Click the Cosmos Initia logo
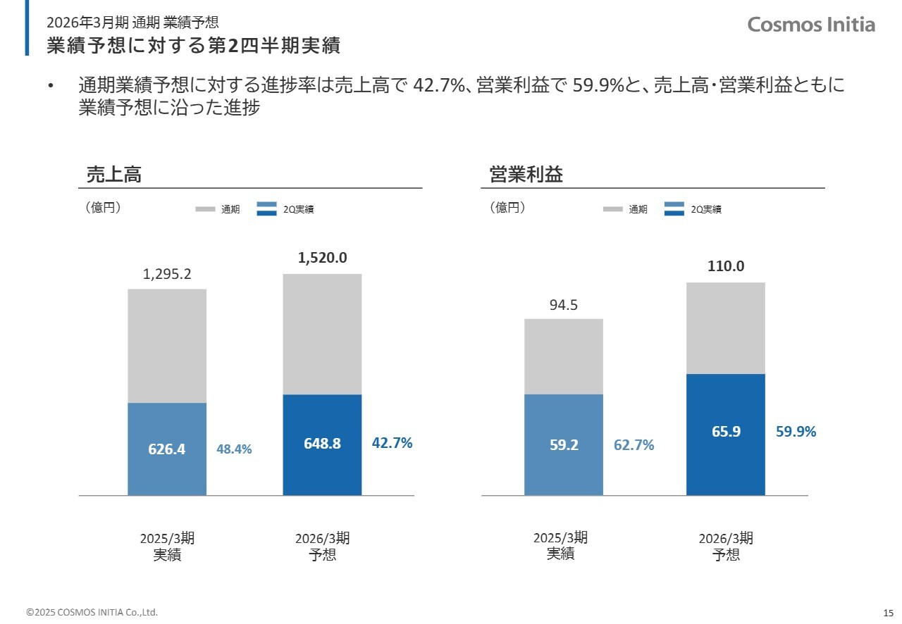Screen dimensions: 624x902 point(811,25)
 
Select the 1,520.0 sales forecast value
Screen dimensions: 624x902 point(322,258)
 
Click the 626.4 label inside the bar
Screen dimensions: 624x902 point(167,449)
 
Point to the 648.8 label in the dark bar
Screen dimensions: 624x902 point(322,443)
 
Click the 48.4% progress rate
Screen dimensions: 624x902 point(234,449)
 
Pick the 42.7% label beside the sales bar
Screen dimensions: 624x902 point(392,443)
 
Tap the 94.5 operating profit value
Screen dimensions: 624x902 point(564,305)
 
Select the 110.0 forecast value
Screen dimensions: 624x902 point(726,266)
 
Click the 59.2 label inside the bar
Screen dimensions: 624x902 point(564,445)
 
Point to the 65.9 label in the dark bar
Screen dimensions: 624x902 point(726,432)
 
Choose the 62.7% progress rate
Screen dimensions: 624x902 point(634,445)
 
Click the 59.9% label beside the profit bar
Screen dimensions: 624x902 point(796,432)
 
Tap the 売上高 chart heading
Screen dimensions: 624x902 point(113,175)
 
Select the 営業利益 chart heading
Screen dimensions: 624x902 point(526,175)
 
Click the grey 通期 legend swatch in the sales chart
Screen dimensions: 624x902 point(205,209)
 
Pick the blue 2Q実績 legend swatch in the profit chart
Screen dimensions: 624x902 point(674,208)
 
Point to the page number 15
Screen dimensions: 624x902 point(888,611)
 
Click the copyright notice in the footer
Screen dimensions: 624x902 point(92,612)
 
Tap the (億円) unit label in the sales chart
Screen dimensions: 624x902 point(103,208)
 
